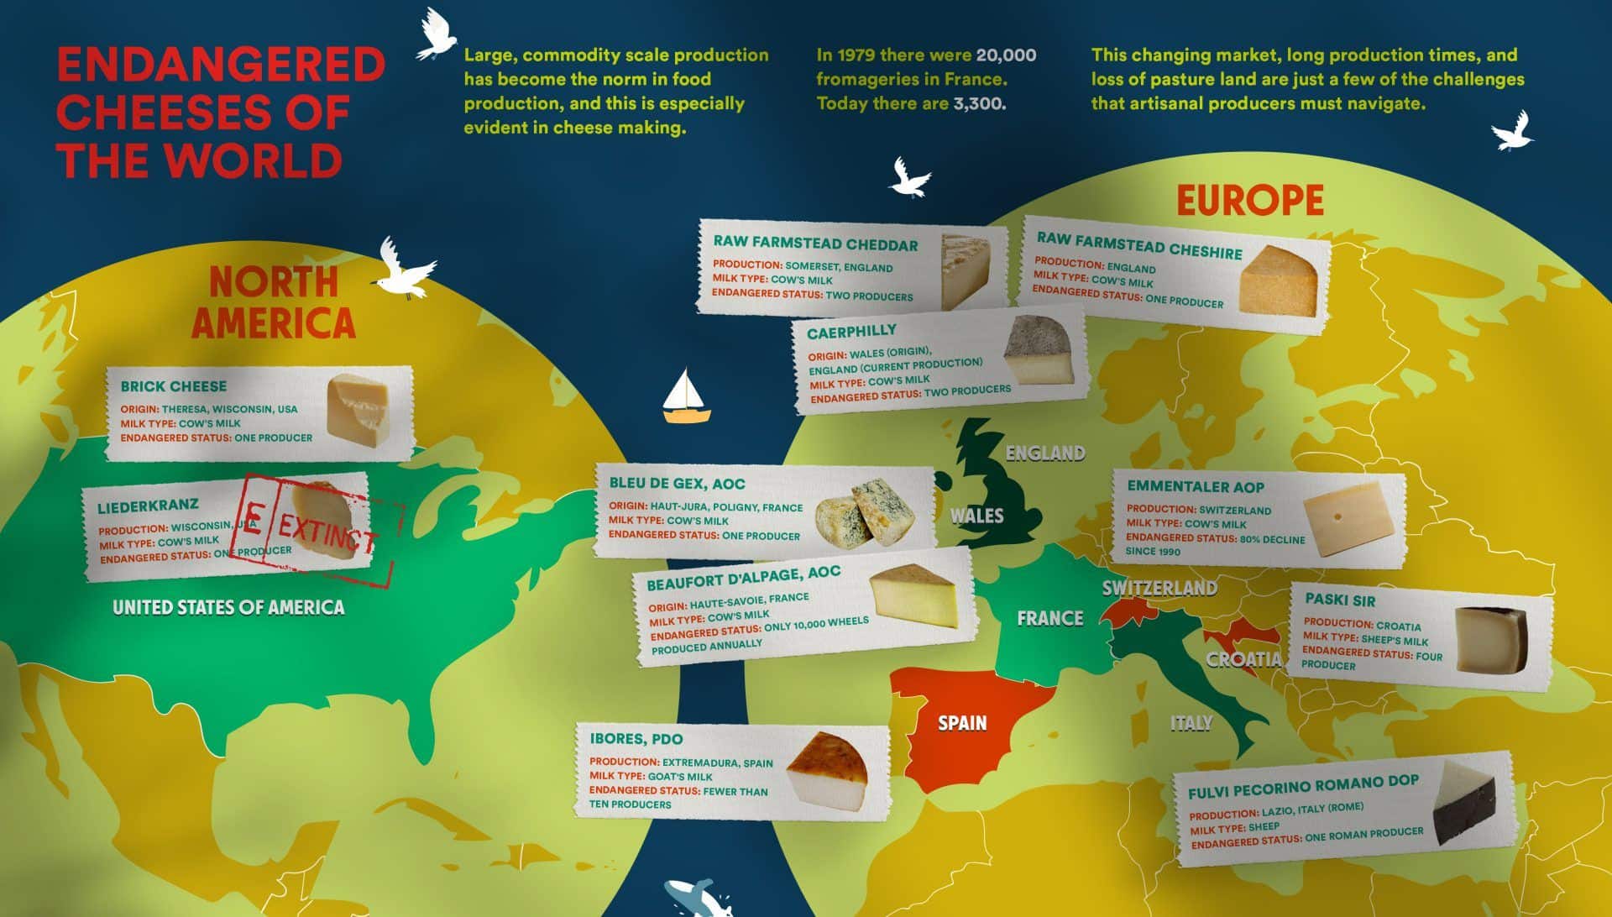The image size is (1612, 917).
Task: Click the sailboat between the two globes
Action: pyautogui.click(x=687, y=396)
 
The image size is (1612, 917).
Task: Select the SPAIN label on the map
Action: pyautogui.click(x=962, y=723)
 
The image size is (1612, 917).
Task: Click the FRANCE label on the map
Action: pyautogui.click(x=1049, y=619)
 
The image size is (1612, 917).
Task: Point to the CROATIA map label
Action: pyautogui.click(x=1243, y=659)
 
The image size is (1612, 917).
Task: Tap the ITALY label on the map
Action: pyautogui.click(x=1191, y=723)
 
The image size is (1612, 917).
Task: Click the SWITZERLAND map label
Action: pyautogui.click(x=1159, y=588)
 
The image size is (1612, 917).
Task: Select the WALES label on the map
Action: pyautogui.click(x=976, y=516)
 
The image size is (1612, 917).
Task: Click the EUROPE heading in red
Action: pyautogui.click(x=1249, y=201)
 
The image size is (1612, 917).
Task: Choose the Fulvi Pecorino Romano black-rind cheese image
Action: pyautogui.click(x=1464, y=804)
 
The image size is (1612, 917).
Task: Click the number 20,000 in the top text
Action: pyautogui.click(x=1006, y=55)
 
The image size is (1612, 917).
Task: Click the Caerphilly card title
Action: pyautogui.click(x=851, y=332)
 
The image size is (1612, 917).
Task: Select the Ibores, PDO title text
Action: pyautogui.click(x=636, y=739)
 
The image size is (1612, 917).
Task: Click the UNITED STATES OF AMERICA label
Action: pyautogui.click(x=228, y=607)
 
